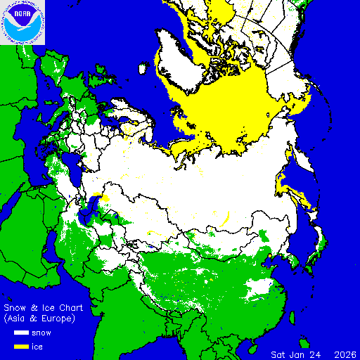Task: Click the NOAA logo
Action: pyautogui.click(x=22, y=22)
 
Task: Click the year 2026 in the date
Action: pyautogui.click(x=344, y=354)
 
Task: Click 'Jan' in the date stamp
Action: pyautogui.click(x=299, y=354)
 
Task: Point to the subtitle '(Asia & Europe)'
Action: pyautogui.click(x=39, y=318)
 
